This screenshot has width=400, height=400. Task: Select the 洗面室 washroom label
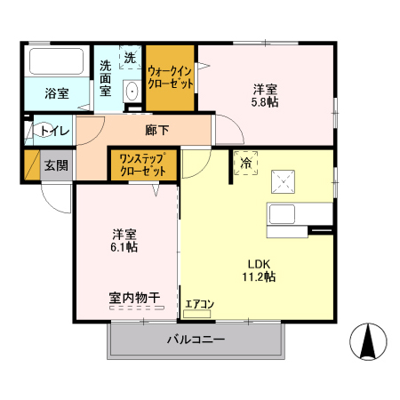tap(105, 76)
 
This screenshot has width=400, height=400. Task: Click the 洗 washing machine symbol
tap(130, 58)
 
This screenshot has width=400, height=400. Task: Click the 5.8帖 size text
tap(264, 103)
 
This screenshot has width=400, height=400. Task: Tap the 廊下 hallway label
tap(157, 131)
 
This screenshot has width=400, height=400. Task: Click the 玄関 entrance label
tap(56, 164)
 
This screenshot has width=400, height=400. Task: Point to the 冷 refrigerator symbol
tap(244, 163)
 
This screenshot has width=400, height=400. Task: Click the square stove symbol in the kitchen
tap(286, 181)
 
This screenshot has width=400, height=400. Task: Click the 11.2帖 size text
tap(259, 276)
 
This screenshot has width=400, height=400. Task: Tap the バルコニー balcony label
tap(196, 339)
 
